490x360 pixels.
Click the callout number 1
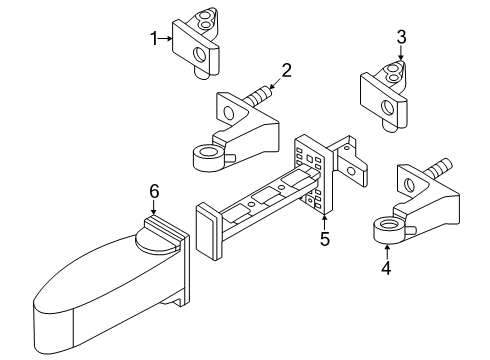coord(154,39)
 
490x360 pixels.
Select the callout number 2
coord(286,70)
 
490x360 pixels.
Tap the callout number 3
coord(401,37)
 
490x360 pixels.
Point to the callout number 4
coord(386,268)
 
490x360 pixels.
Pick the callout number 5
coord(325,239)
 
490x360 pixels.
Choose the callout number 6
coord(154,191)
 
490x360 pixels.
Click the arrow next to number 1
coord(165,39)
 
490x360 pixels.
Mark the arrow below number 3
coord(401,53)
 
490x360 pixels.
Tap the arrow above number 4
coord(387,252)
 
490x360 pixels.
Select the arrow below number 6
coord(154,207)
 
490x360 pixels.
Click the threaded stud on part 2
coord(258,95)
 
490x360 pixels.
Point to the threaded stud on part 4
coord(439,168)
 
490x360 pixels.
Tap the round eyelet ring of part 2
coord(207,158)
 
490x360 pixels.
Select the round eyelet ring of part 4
coord(388,230)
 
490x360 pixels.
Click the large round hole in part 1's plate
coord(200,55)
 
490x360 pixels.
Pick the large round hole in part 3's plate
coord(387,108)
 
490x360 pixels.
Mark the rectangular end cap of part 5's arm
coord(208,232)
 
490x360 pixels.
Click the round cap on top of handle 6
coord(155,242)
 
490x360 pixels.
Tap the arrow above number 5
coord(324,222)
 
